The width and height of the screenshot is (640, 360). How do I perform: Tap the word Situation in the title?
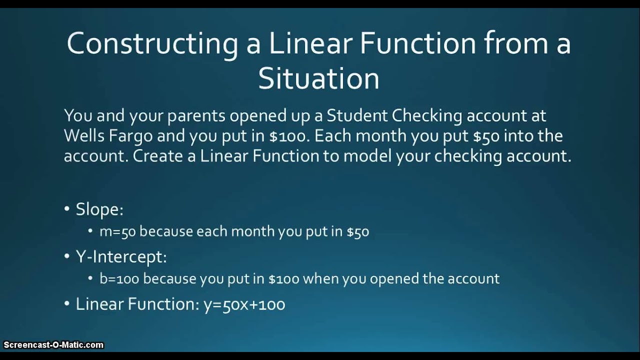coord(318,79)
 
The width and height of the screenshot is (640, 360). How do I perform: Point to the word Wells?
coord(83,135)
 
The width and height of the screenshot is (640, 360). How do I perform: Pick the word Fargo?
coord(131,135)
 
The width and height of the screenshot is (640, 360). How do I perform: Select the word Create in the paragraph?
coord(158,156)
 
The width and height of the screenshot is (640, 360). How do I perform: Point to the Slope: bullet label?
coord(99,209)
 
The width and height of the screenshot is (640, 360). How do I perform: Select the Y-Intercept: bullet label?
coord(121,257)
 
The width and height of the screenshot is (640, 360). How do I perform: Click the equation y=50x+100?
coord(244,304)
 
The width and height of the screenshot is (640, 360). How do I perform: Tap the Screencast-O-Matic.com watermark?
coord(53,345)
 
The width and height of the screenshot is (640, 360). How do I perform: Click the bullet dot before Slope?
coord(67,209)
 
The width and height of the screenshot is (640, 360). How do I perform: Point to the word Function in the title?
coord(407,44)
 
